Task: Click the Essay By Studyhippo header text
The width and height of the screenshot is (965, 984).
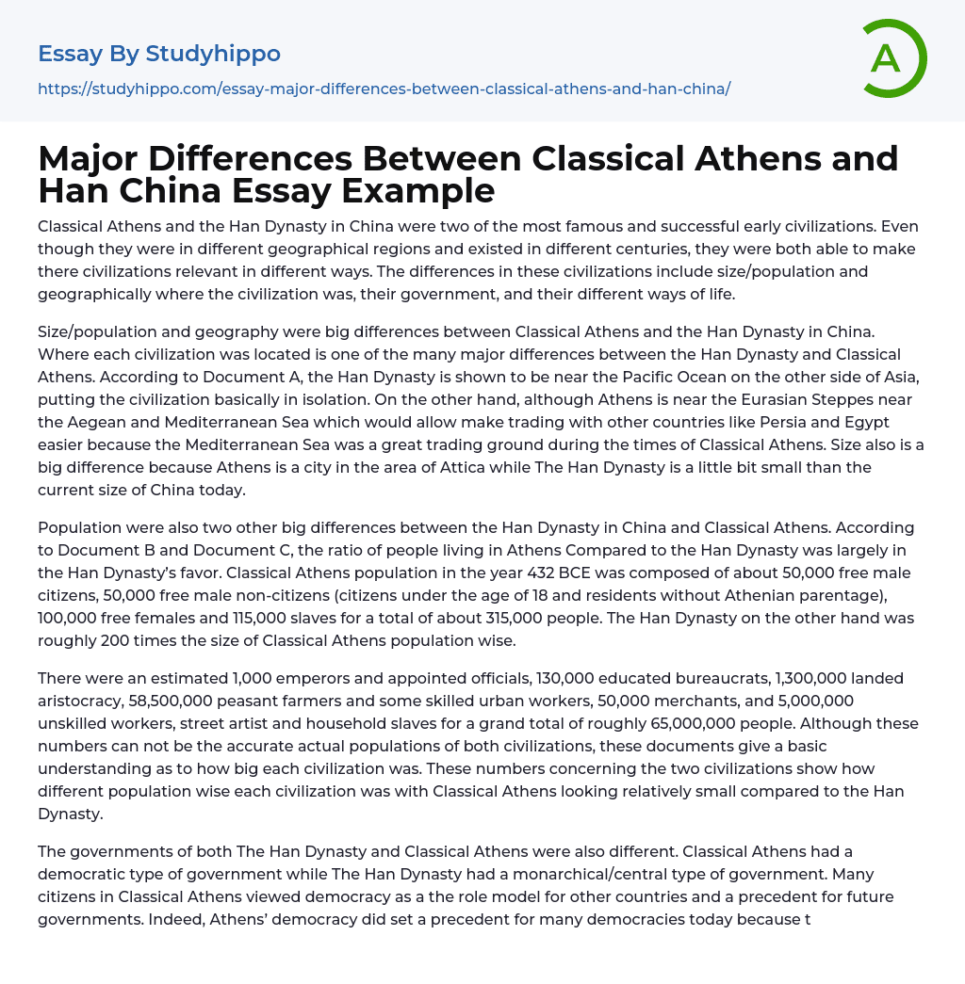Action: (159, 54)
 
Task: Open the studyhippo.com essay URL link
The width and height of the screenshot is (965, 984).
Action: (384, 89)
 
